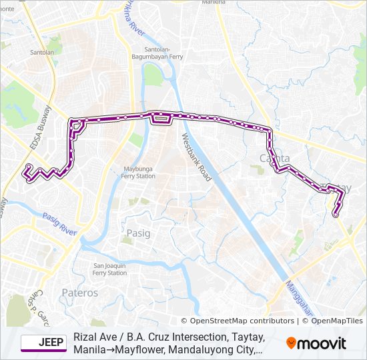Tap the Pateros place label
tap(79, 293)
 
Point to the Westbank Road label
tap(196, 157)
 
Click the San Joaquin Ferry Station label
tap(109, 269)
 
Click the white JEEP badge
tap(43, 343)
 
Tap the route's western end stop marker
tap(29, 167)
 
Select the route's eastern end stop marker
tap(335, 214)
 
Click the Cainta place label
tap(274, 159)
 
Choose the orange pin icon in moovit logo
tap(291, 343)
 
